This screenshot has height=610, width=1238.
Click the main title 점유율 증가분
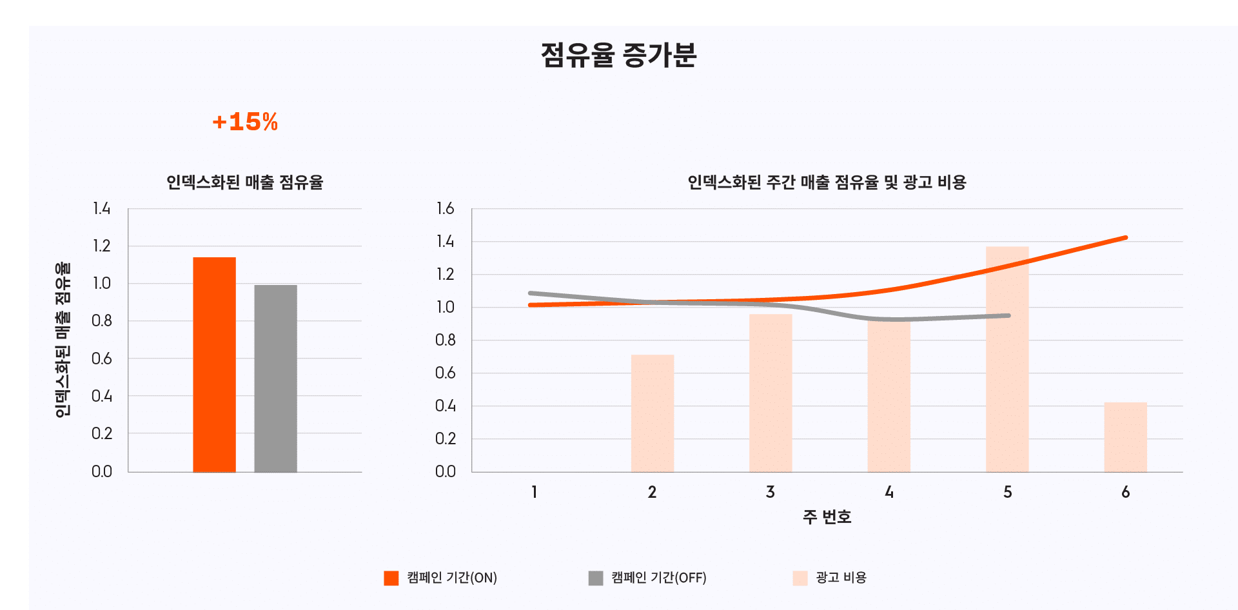coord(618,55)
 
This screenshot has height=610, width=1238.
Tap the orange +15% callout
coord(245,122)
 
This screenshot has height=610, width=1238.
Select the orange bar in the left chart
coord(214,364)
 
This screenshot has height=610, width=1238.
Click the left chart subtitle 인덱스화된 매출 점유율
coord(245,182)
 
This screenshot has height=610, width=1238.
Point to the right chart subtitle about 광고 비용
coord(827,182)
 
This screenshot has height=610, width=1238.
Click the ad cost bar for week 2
coord(653,413)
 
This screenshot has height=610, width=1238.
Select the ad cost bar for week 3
coord(771,393)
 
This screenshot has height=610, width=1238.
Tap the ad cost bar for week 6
coord(1125,437)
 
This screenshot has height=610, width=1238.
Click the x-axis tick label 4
coord(889,492)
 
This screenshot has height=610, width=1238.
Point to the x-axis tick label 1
coord(534,492)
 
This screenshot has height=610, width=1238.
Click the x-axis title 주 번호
coord(827,517)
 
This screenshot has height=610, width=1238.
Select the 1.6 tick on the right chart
coord(445,208)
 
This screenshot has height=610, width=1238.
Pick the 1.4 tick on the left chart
coord(101,208)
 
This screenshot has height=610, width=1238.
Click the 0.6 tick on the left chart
coord(101,359)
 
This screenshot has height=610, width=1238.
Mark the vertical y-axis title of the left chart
coord(63,339)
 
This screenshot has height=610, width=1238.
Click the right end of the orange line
coord(1125,238)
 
